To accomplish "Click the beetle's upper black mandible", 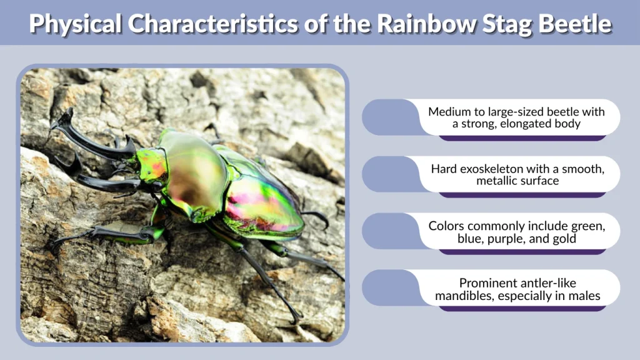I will tap(87, 134).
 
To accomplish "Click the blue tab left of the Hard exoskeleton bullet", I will tap(387, 174).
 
